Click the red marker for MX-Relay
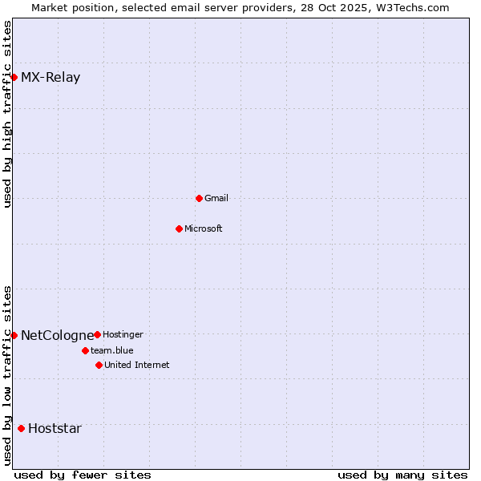tap(14, 77)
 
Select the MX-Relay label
tap(51, 78)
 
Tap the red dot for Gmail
tap(199, 198)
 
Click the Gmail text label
tap(216, 198)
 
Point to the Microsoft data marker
tap(179, 228)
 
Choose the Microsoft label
tap(204, 228)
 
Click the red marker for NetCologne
tap(14, 335)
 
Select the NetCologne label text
tap(57, 335)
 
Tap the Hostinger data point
tap(97, 334)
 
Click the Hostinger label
tap(123, 334)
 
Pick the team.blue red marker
tap(85, 350)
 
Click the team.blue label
tap(112, 350)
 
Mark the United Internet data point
tap(99, 365)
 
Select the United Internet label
tap(137, 365)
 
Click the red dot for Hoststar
tap(21, 428)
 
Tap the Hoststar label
tap(55, 428)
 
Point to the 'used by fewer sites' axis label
tap(83, 475)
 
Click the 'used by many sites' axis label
tap(402, 475)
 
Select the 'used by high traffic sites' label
tap(7, 114)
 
